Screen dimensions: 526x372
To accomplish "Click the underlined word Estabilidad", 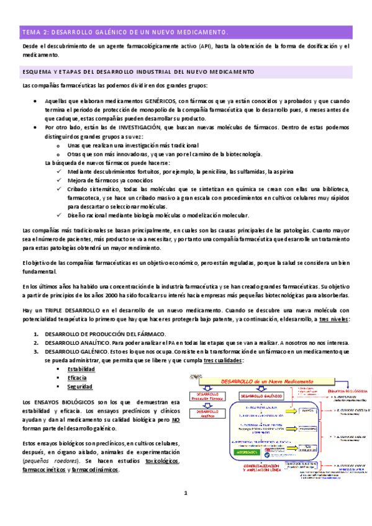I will tap(81, 369).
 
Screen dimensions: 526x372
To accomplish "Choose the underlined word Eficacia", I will tap(78, 378).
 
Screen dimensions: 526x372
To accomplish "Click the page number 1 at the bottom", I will tap(185, 494).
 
